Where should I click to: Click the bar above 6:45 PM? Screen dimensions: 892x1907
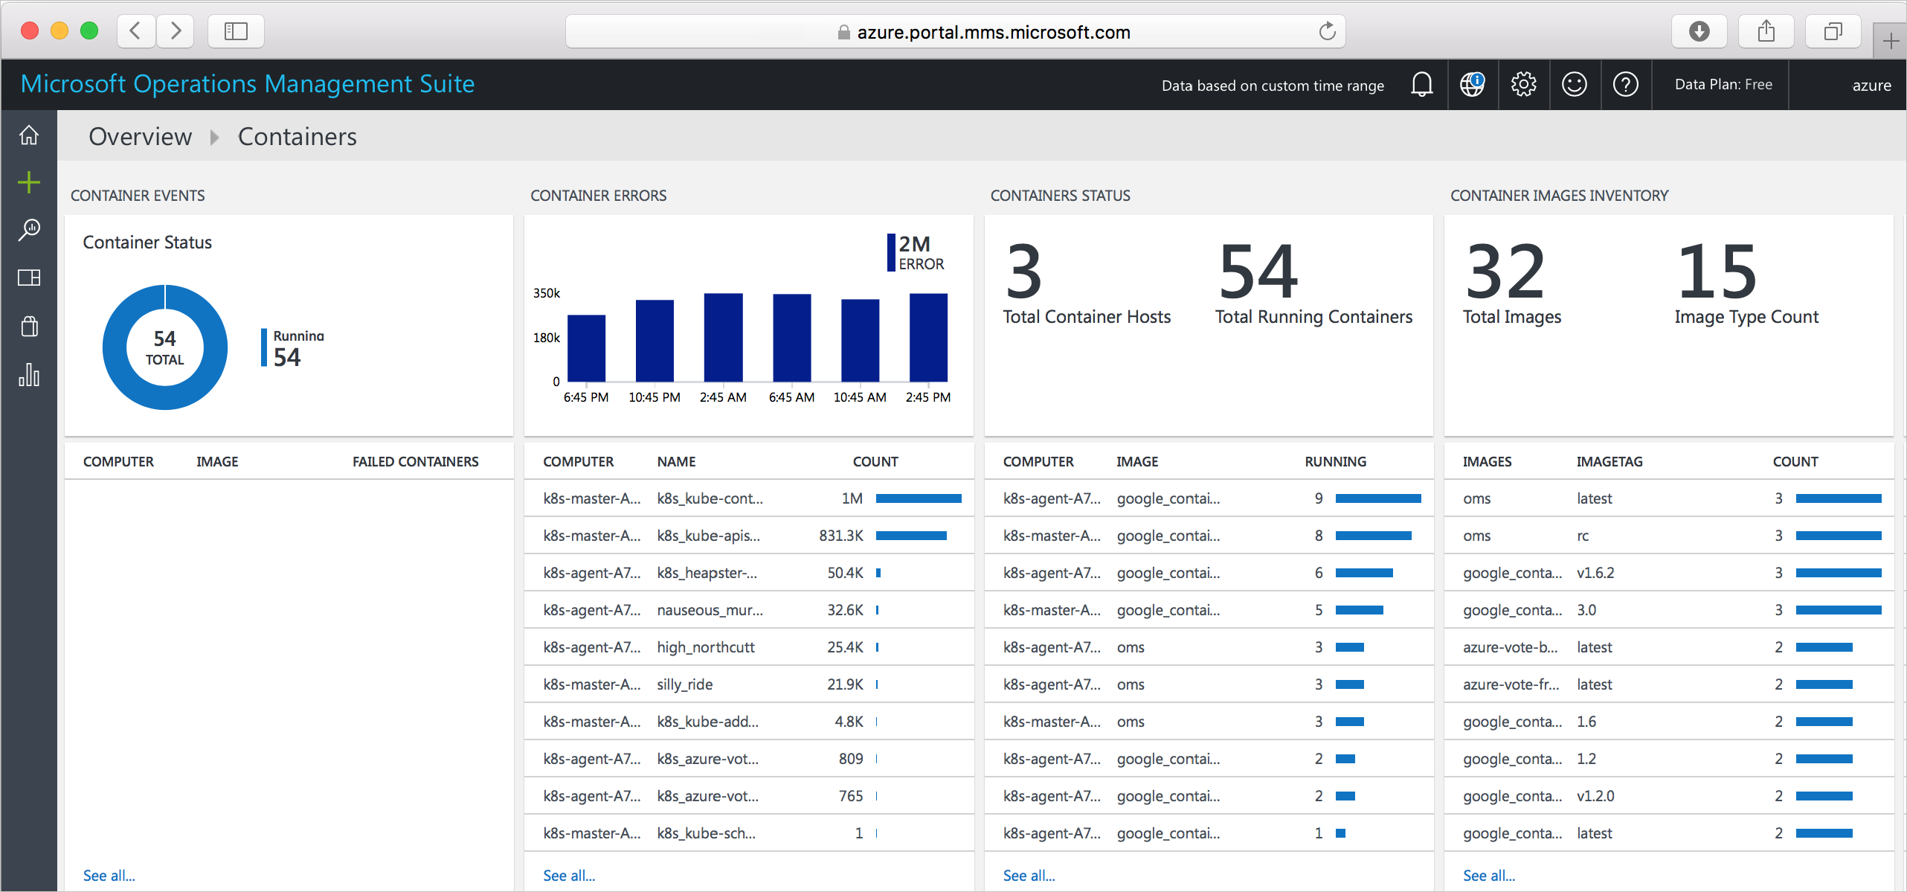(586, 348)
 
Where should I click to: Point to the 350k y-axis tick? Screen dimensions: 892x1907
(546, 293)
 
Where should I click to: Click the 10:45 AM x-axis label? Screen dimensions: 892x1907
(859, 397)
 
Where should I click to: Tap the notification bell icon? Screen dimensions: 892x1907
(1421, 85)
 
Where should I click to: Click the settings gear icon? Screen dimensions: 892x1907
(1523, 85)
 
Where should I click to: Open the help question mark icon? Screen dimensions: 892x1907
(1625, 85)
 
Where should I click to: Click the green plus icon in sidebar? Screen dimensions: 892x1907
(29, 182)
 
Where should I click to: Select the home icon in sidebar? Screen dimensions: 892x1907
(29, 135)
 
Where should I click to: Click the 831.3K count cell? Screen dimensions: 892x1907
(840, 536)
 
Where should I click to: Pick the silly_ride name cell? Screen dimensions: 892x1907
(684, 684)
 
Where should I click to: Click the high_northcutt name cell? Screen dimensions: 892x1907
(705, 647)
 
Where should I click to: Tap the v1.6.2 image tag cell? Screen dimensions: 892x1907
(1595, 573)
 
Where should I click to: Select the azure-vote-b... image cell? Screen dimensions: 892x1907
(1509, 647)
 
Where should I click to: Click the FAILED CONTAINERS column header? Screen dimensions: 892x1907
(415, 461)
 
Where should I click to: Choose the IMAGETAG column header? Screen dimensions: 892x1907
(1609, 461)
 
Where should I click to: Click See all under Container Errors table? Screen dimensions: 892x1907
(568, 876)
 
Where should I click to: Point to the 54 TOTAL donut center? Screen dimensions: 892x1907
(164, 347)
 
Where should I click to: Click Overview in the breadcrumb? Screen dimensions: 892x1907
(140, 137)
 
